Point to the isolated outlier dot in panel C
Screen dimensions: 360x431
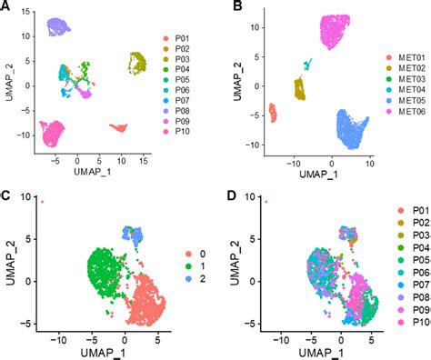(41, 202)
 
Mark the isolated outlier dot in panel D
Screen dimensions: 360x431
(266, 202)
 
